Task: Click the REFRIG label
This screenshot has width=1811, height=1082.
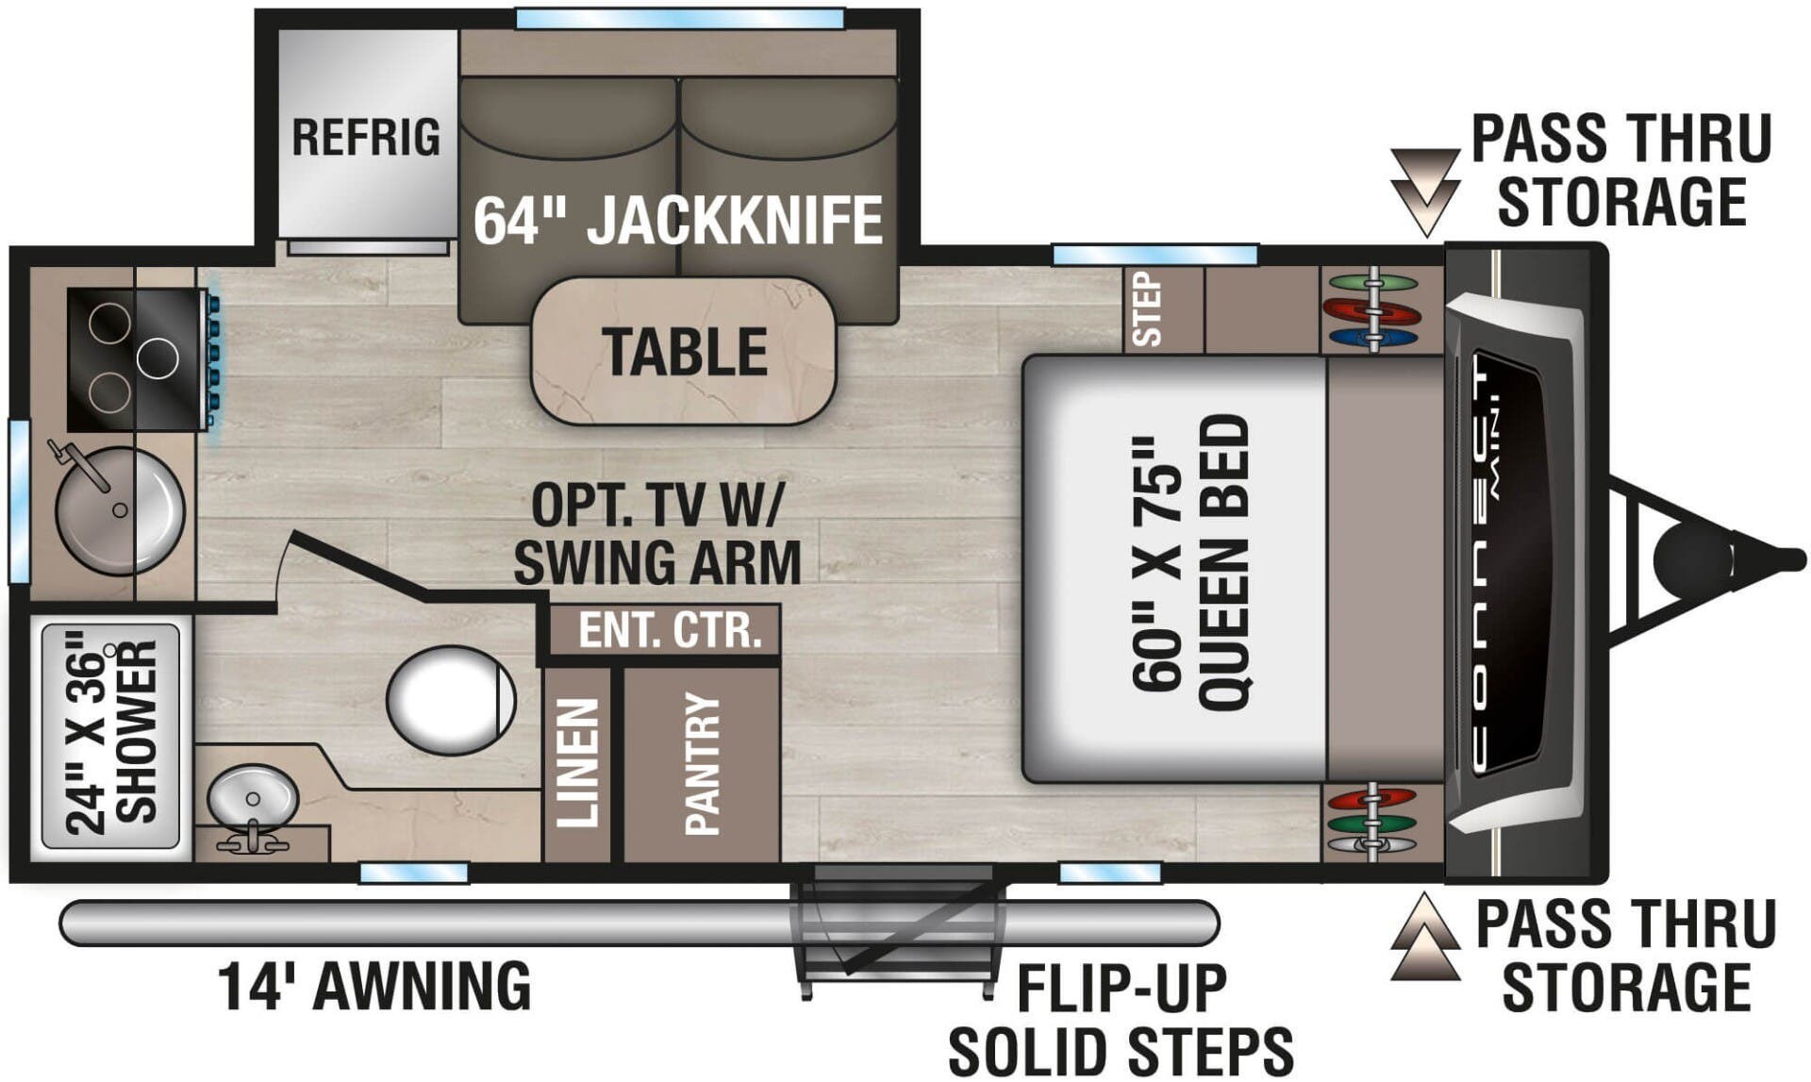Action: (x=365, y=138)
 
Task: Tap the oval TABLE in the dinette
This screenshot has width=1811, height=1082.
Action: (x=684, y=351)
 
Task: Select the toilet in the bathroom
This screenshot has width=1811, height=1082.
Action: (x=451, y=699)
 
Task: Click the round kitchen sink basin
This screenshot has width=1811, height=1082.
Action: (x=120, y=510)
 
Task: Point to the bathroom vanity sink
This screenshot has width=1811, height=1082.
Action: (x=253, y=797)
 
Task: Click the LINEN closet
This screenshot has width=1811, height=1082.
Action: (x=577, y=764)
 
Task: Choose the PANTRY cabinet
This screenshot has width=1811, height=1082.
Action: (x=702, y=764)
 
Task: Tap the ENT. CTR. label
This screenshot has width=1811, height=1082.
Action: (x=669, y=630)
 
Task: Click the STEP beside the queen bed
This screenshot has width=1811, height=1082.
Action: (x=1147, y=309)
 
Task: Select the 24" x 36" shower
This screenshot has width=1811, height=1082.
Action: (x=110, y=736)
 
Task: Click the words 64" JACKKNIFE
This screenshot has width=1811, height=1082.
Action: (x=677, y=220)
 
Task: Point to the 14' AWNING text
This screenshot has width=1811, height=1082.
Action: (x=374, y=987)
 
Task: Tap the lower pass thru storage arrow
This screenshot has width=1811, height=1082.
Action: (x=1425, y=940)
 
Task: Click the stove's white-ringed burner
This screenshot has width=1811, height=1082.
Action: (x=157, y=358)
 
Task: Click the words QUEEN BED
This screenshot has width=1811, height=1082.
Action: (x=1223, y=563)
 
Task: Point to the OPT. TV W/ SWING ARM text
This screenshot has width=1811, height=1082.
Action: (x=656, y=534)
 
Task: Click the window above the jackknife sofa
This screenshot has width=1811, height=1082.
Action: (x=679, y=18)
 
